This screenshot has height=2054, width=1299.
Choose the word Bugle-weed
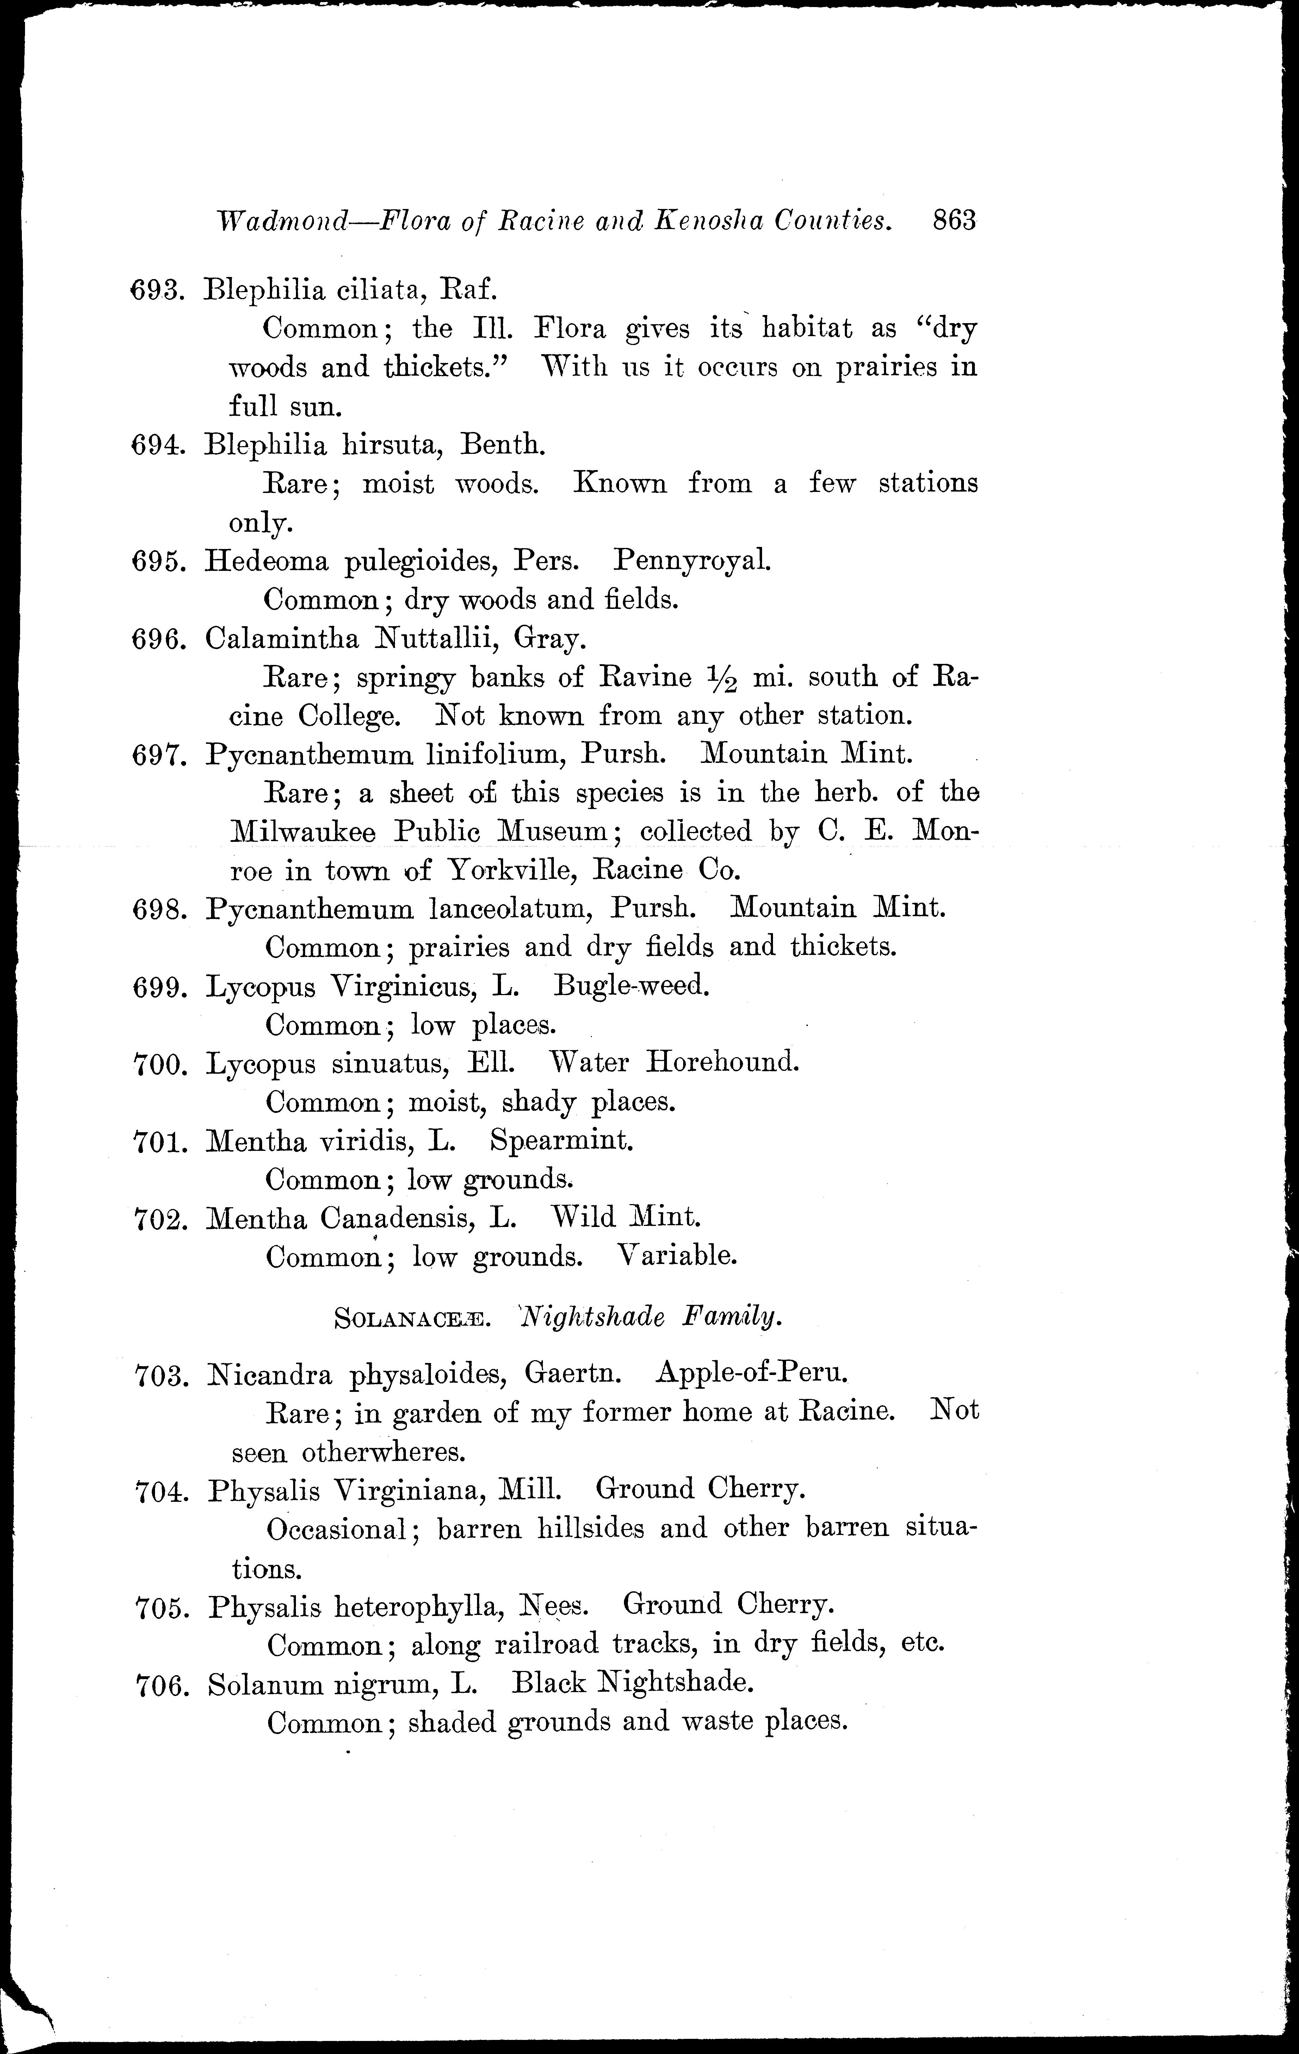click(x=631, y=986)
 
